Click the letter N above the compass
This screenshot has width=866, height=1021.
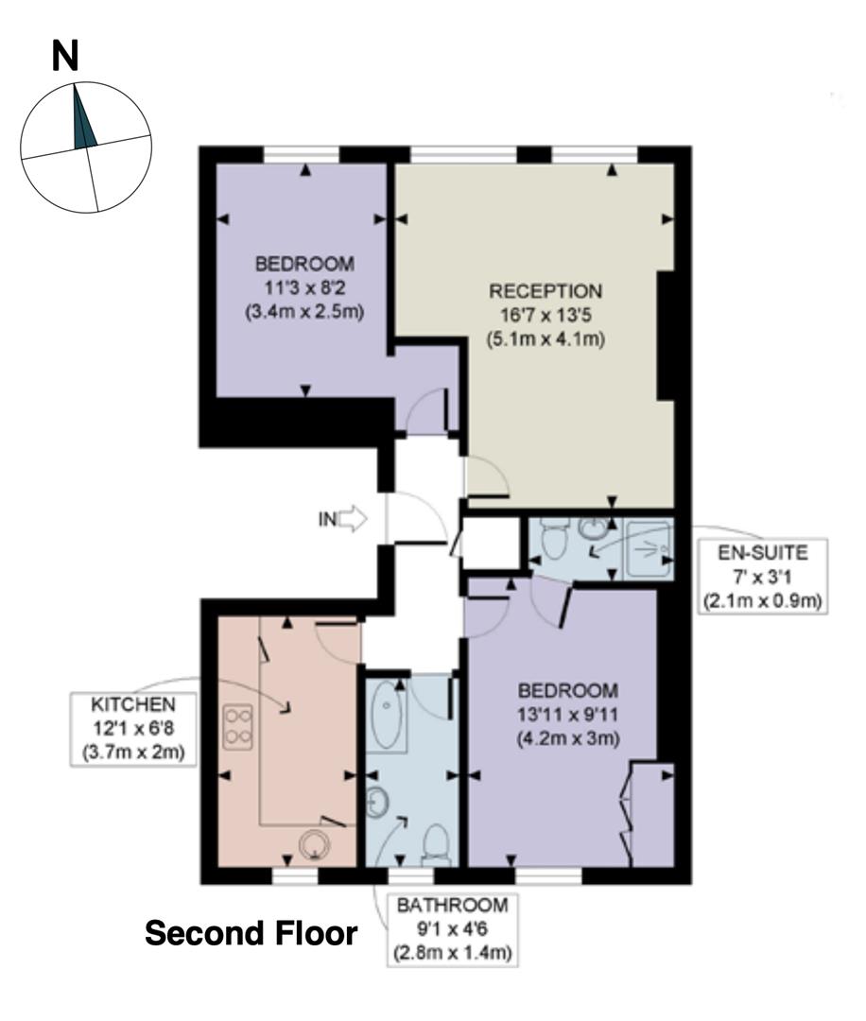(65, 58)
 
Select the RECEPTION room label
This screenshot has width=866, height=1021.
(545, 290)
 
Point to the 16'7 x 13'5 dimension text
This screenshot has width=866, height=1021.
(545, 314)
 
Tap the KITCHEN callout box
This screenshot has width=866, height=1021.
(133, 728)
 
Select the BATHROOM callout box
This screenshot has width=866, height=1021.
(452, 928)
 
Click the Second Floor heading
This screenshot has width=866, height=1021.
(251, 934)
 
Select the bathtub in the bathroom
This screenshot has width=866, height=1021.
(386, 716)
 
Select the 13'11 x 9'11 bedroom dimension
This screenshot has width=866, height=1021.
(568, 715)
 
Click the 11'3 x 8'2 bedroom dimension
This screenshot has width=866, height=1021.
(304, 286)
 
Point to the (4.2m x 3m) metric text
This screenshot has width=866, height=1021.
(568, 738)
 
